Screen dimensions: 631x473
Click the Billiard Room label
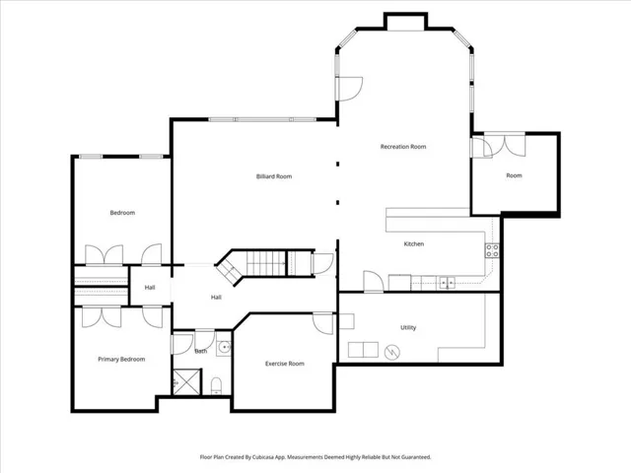(x=274, y=176)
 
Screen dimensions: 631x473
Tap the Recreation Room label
(x=403, y=147)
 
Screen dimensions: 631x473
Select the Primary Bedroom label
(x=121, y=359)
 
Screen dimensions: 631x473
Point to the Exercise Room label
(x=285, y=364)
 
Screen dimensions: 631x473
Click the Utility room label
(x=408, y=328)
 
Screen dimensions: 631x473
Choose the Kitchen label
(x=414, y=244)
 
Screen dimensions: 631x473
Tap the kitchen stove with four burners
(x=492, y=250)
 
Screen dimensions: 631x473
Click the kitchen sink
(x=447, y=283)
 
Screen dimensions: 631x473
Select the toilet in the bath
(x=216, y=386)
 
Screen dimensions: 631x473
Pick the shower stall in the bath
(x=186, y=381)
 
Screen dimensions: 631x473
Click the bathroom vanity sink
(x=224, y=346)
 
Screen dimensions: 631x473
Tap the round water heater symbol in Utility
(x=392, y=353)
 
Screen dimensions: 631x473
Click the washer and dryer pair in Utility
(x=363, y=350)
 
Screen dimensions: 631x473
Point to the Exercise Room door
(x=323, y=323)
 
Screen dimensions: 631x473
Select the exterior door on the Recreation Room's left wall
(x=349, y=89)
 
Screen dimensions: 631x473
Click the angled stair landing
(x=230, y=270)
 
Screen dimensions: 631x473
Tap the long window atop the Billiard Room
(x=262, y=119)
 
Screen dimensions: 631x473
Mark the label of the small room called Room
(x=514, y=175)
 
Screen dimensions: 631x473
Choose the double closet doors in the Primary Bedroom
(x=102, y=317)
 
